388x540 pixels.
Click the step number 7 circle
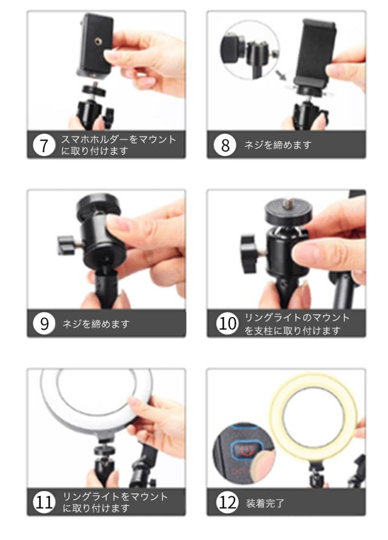click(44, 145)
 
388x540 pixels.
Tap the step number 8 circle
click(224, 145)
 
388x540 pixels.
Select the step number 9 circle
click(44, 324)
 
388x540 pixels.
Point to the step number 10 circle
click(227, 324)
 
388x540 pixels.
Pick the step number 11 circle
click(44, 502)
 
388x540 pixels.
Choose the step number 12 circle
click(227, 502)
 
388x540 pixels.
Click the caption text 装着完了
click(265, 503)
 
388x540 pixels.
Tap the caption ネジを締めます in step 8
click(278, 145)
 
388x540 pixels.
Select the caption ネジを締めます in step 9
click(96, 324)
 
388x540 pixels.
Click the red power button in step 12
click(245, 450)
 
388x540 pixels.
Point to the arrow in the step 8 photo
click(281, 76)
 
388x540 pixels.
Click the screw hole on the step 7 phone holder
click(97, 41)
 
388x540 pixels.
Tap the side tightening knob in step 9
click(66, 245)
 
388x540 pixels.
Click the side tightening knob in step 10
click(249, 254)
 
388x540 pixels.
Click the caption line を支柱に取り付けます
click(292, 331)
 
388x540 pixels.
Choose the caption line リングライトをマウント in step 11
click(115, 496)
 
